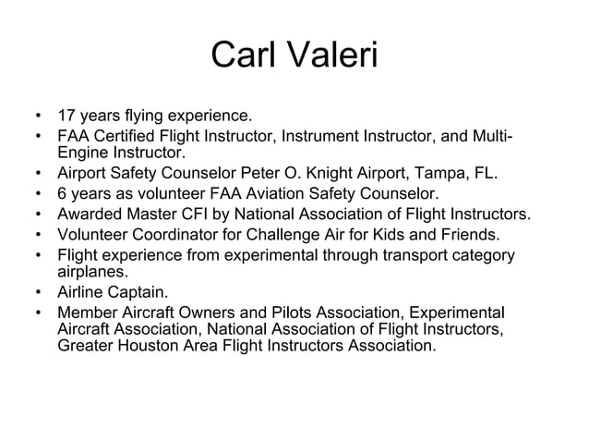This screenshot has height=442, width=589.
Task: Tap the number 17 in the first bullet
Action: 66,117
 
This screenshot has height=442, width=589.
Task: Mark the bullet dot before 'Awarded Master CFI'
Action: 36,215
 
